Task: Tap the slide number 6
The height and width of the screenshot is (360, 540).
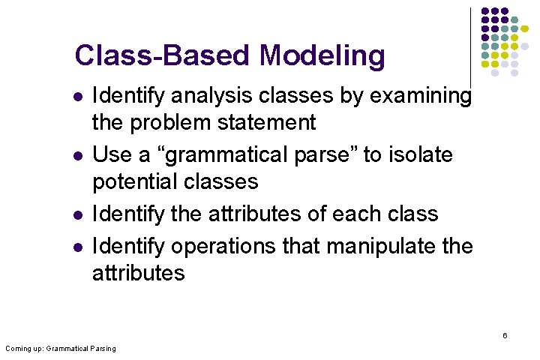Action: [505, 335]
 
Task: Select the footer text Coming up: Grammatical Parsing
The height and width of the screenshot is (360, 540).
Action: [61, 349]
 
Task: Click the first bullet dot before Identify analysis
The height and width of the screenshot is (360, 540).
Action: [76, 97]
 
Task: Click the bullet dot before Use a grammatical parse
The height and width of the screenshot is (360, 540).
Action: [76, 155]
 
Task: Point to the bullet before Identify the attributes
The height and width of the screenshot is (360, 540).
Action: [76, 214]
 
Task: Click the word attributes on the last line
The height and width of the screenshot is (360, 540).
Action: [138, 272]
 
